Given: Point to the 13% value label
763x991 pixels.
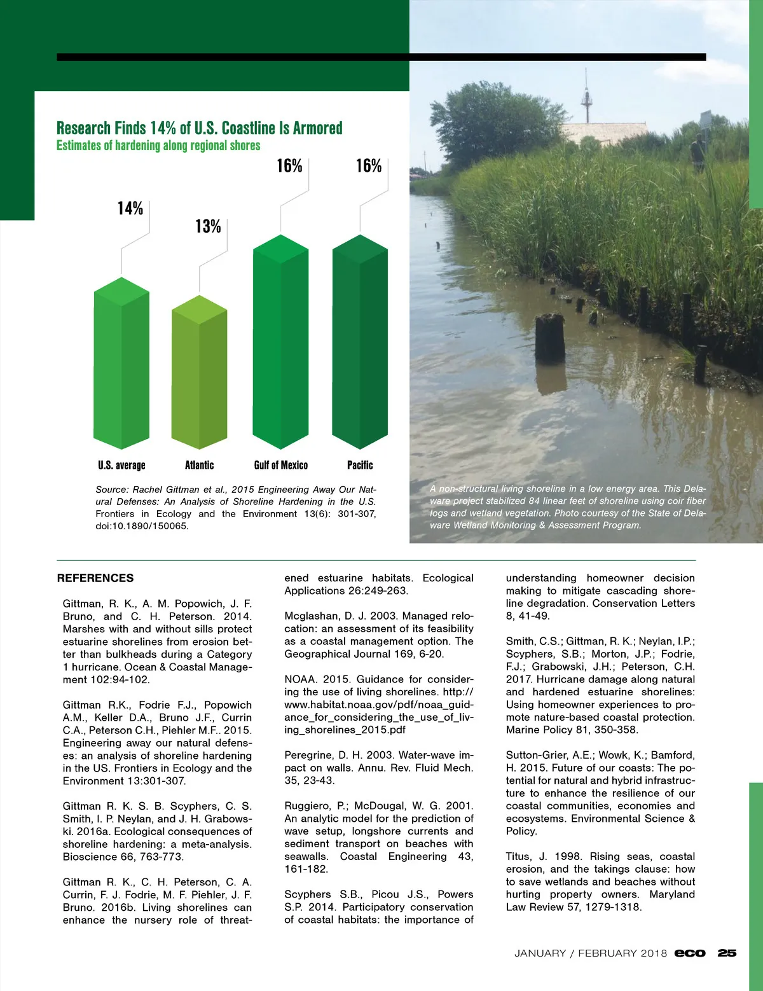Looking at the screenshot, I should [208, 226].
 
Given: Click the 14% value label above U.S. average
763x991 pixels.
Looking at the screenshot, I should [130, 209].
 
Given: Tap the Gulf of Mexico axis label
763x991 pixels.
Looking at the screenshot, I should [280, 465].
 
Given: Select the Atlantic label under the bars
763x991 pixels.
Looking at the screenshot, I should [199, 465].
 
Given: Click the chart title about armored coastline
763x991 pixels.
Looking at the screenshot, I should [199, 128].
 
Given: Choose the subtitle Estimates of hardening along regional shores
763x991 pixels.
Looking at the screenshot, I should [158, 146].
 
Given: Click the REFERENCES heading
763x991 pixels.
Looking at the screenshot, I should [95, 578].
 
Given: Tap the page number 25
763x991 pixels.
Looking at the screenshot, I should [727, 953].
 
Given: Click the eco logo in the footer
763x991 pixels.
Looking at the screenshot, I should [690, 953].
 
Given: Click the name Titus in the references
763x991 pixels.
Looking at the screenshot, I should [519, 857].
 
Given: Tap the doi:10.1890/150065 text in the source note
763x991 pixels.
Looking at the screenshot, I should [142, 526].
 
